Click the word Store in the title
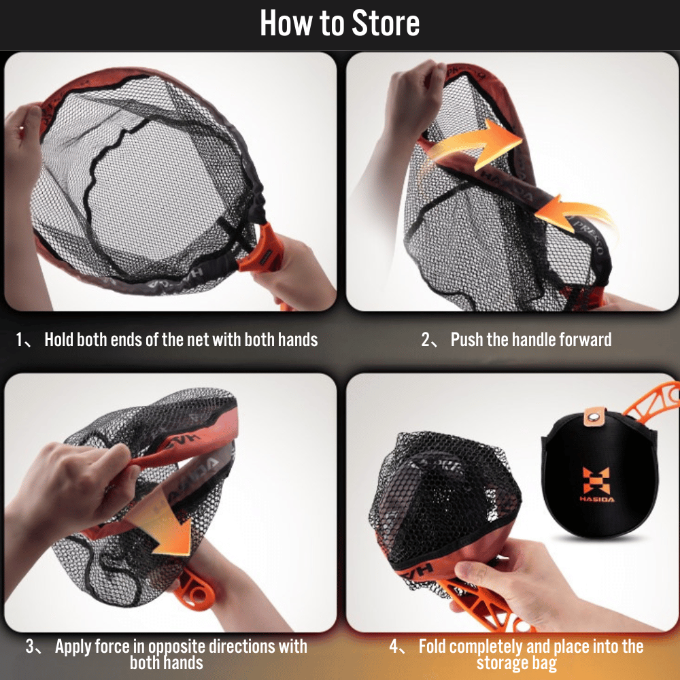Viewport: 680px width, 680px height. (386, 23)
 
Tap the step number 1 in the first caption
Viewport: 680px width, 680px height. (19, 339)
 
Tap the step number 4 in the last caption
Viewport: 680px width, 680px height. (393, 647)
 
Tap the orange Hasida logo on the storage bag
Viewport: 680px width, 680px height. (597, 484)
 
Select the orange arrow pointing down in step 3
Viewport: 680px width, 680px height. (163, 522)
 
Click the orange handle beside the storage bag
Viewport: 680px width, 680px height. (651, 401)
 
